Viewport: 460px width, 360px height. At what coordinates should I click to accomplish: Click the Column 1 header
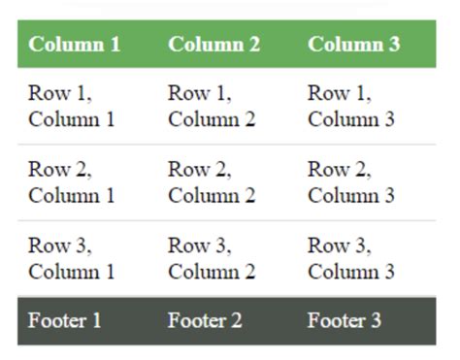tap(75, 45)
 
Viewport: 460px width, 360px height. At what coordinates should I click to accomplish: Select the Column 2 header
tap(214, 45)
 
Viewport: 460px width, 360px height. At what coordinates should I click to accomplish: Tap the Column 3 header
tap(354, 45)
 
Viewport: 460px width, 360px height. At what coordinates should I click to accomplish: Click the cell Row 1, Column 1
tap(72, 107)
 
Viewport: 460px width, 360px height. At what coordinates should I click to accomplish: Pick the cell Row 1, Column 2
tap(212, 107)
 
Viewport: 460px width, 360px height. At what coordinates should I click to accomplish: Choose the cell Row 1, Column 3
tap(351, 107)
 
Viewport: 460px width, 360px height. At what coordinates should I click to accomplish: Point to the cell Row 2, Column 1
tap(72, 182)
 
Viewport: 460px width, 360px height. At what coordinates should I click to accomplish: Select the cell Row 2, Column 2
tap(212, 182)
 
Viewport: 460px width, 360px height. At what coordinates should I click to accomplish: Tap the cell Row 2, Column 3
tap(351, 182)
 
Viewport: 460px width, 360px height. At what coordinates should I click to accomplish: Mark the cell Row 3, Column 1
tap(72, 259)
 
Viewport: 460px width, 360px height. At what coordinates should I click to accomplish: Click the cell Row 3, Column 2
tap(212, 259)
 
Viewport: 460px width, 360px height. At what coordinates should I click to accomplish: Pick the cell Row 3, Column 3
tap(351, 259)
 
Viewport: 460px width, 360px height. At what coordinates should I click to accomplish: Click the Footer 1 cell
tap(65, 321)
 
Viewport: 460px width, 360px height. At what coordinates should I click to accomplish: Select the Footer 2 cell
tap(205, 321)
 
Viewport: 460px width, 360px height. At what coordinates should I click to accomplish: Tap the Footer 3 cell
tap(345, 321)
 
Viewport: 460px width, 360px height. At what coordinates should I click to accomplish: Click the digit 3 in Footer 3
tap(376, 321)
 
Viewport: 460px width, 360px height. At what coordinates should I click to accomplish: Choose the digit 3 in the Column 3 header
tap(394, 45)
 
